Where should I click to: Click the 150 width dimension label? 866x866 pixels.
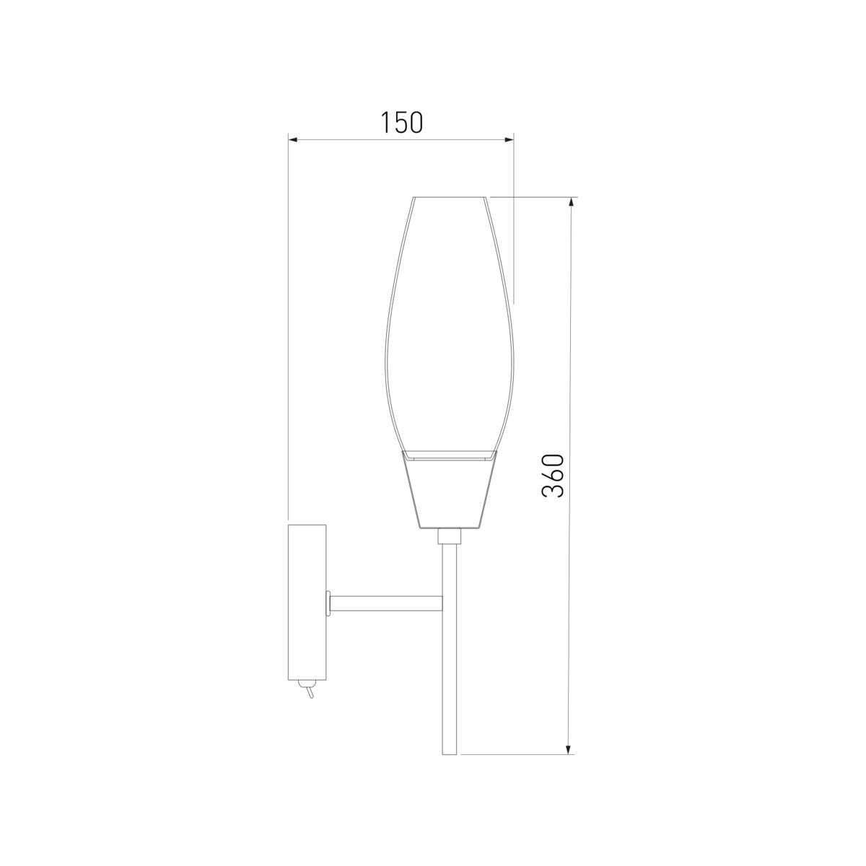coord(402,123)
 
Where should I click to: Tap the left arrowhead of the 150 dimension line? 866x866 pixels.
coord(294,140)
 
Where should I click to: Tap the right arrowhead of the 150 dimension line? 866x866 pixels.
coord(508,140)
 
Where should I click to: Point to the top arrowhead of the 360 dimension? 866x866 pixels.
coord(571,202)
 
